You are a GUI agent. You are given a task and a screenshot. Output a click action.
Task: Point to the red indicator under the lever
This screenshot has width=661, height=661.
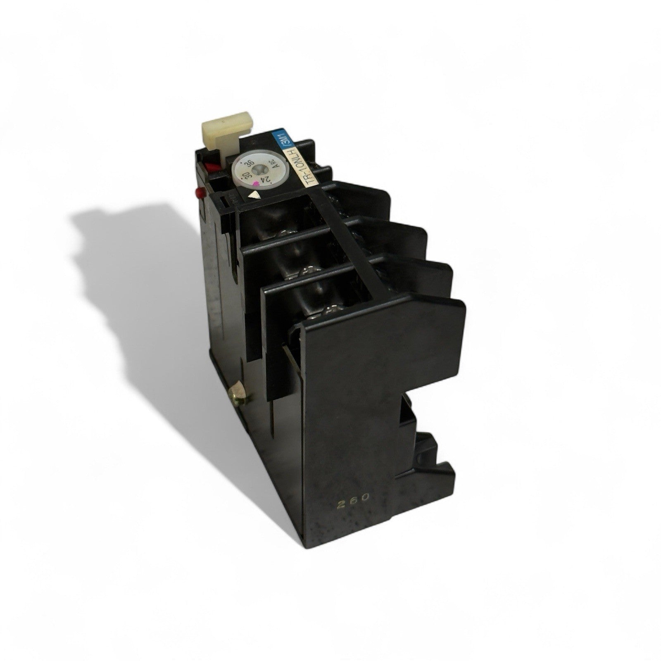tap(211, 168)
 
